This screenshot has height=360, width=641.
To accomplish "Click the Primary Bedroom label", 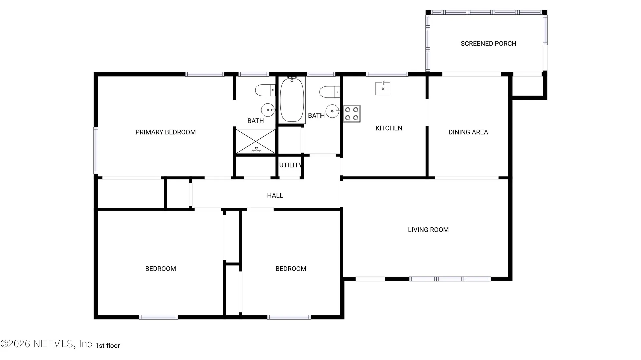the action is [x=165, y=132].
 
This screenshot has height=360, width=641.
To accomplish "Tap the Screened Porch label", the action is [x=488, y=44].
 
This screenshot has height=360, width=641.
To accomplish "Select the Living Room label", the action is [x=428, y=230].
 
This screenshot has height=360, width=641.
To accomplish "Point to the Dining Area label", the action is [x=468, y=132].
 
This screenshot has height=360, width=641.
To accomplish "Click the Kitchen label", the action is [x=389, y=128].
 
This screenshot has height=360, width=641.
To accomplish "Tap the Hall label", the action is [x=275, y=196].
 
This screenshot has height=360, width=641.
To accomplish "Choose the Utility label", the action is [x=290, y=165].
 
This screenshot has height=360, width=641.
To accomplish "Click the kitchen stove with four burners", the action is [x=352, y=114].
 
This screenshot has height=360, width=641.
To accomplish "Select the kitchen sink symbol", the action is [x=383, y=88].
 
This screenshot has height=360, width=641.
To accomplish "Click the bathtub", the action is [x=292, y=100].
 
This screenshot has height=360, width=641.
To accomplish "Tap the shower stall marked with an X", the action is [x=256, y=141].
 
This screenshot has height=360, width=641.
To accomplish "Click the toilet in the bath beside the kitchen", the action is [x=330, y=92].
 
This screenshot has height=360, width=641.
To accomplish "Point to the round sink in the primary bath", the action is [x=268, y=110].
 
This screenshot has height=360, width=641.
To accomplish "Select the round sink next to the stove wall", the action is [x=333, y=111].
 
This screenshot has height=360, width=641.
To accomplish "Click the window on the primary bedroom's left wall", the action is [x=96, y=150].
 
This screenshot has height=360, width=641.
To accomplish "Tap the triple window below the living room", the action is [x=450, y=279].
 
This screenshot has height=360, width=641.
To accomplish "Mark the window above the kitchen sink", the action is [x=387, y=74].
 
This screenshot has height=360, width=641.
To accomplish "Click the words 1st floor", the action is [x=108, y=346].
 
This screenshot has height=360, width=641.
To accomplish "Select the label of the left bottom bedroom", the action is [x=160, y=269].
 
